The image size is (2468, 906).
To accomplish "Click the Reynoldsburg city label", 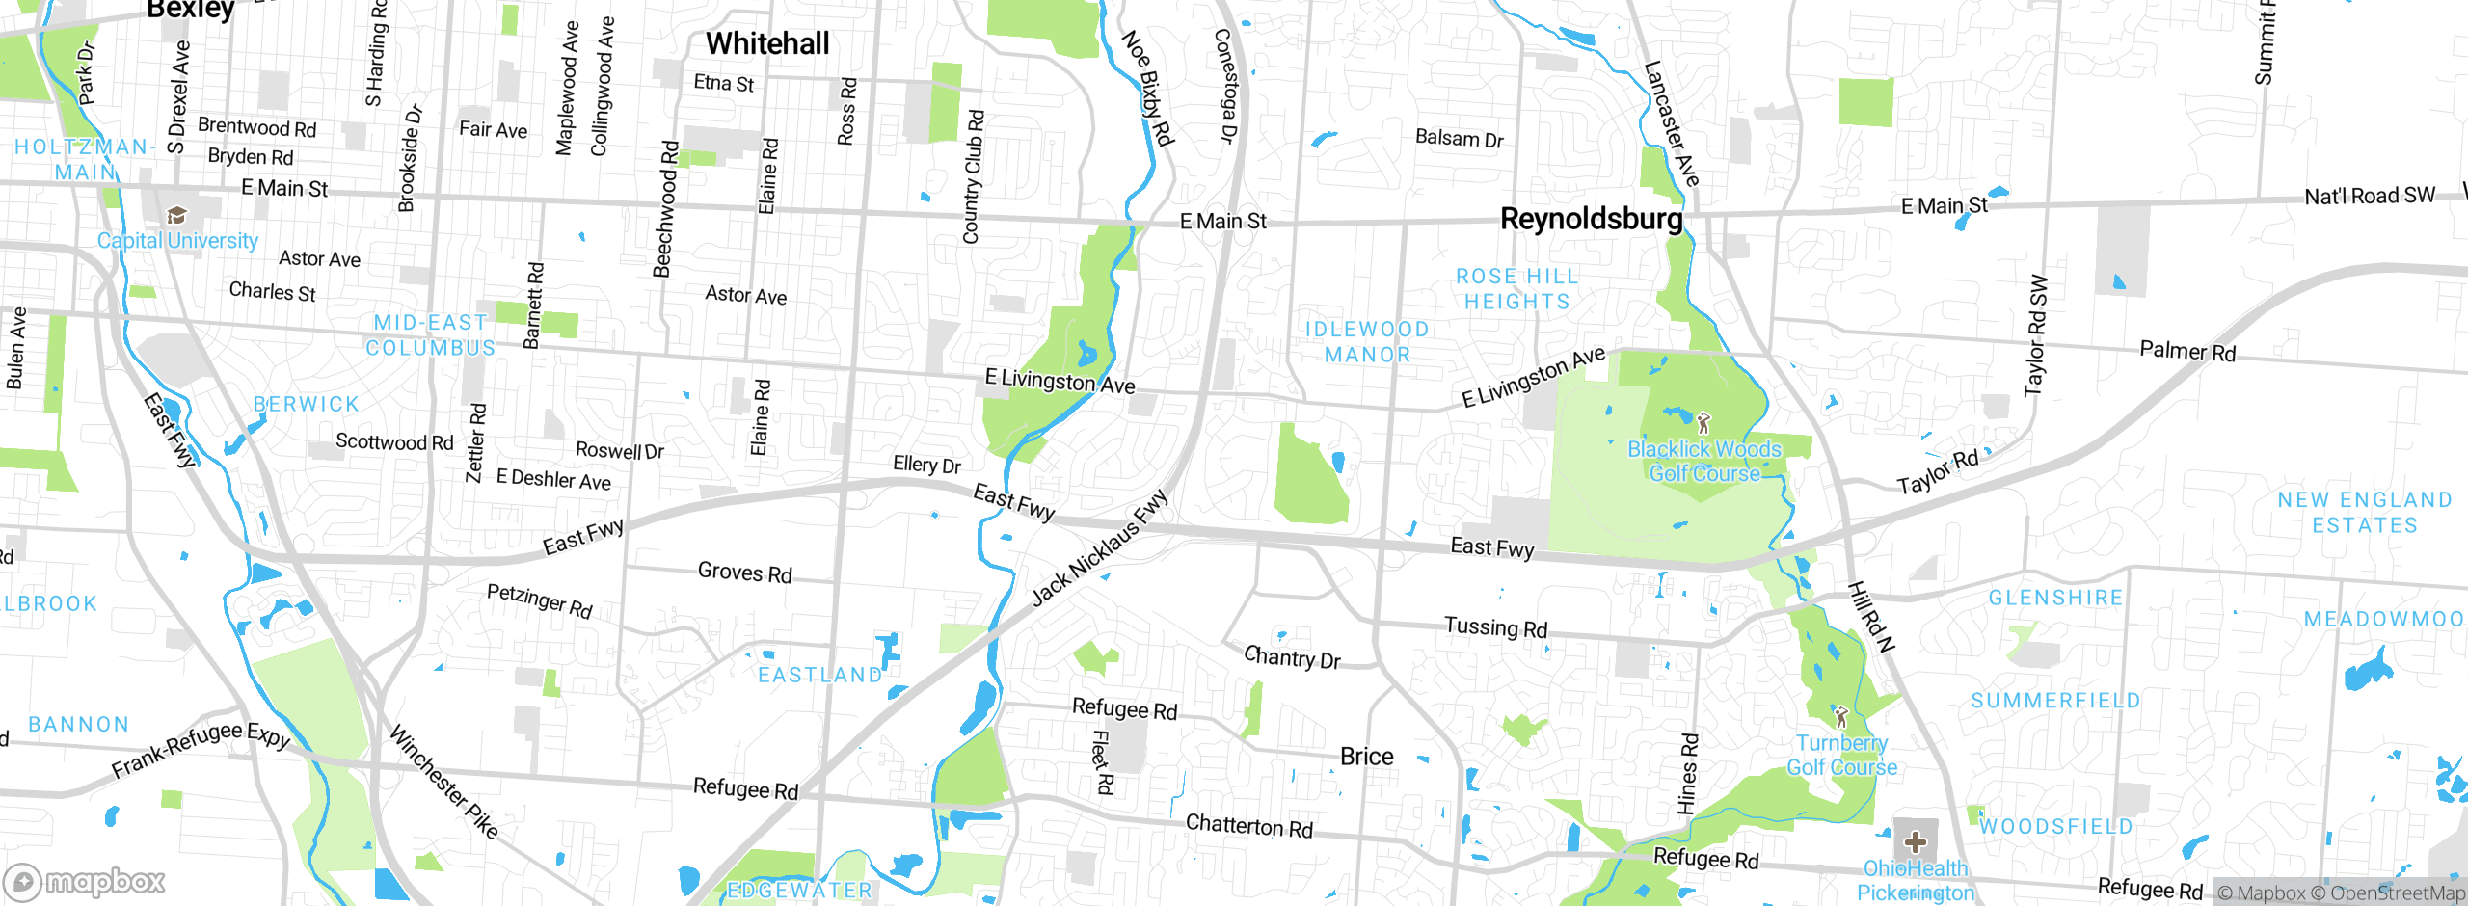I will click(x=1591, y=219).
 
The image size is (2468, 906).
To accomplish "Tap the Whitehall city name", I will click(x=767, y=43).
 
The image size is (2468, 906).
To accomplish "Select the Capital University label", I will click(x=177, y=241).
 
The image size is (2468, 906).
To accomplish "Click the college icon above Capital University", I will click(x=176, y=214).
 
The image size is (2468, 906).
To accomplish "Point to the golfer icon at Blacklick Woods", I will click(x=1703, y=422).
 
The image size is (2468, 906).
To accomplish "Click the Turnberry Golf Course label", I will click(x=1841, y=755).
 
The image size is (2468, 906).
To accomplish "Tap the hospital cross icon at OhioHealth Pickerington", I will click(x=1915, y=841).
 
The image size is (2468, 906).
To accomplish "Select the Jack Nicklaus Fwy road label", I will click(x=1099, y=547).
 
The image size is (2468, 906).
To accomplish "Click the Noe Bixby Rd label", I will click(x=1148, y=88).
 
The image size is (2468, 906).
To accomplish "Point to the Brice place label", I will click(x=1366, y=757).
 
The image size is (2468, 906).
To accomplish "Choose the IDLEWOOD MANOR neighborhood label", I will click(x=1367, y=342).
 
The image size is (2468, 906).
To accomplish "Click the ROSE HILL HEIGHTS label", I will click(x=1517, y=289).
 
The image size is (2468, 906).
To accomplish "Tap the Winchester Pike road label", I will click(x=443, y=782).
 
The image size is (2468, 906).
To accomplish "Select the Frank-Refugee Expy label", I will click(x=201, y=748).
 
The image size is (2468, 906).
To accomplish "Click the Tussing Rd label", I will click(x=1495, y=627).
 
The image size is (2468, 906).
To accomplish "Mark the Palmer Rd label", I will click(x=2186, y=351).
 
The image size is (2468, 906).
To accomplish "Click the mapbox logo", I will click(x=85, y=881).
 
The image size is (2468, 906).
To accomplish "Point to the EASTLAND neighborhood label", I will click(x=819, y=675).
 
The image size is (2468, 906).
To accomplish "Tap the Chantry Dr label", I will click(x=1292, y=658).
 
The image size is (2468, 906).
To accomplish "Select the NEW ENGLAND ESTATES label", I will click(x=2364, y=513).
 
